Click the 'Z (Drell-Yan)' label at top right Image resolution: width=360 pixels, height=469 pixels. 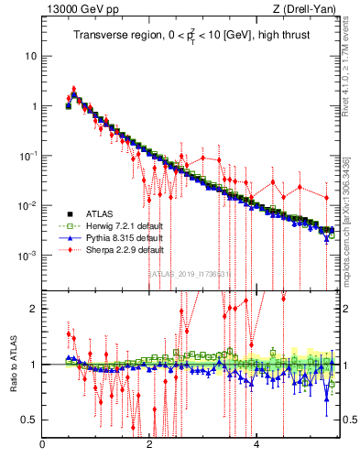tap(309, 9)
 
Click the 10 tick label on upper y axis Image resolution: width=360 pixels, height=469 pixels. tap(30, 56)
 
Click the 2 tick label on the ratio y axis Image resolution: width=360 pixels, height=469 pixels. tap(35, 309)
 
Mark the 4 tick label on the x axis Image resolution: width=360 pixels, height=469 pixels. tap(256, 446)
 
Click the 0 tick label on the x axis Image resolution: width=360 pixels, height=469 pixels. tap(43, 446)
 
